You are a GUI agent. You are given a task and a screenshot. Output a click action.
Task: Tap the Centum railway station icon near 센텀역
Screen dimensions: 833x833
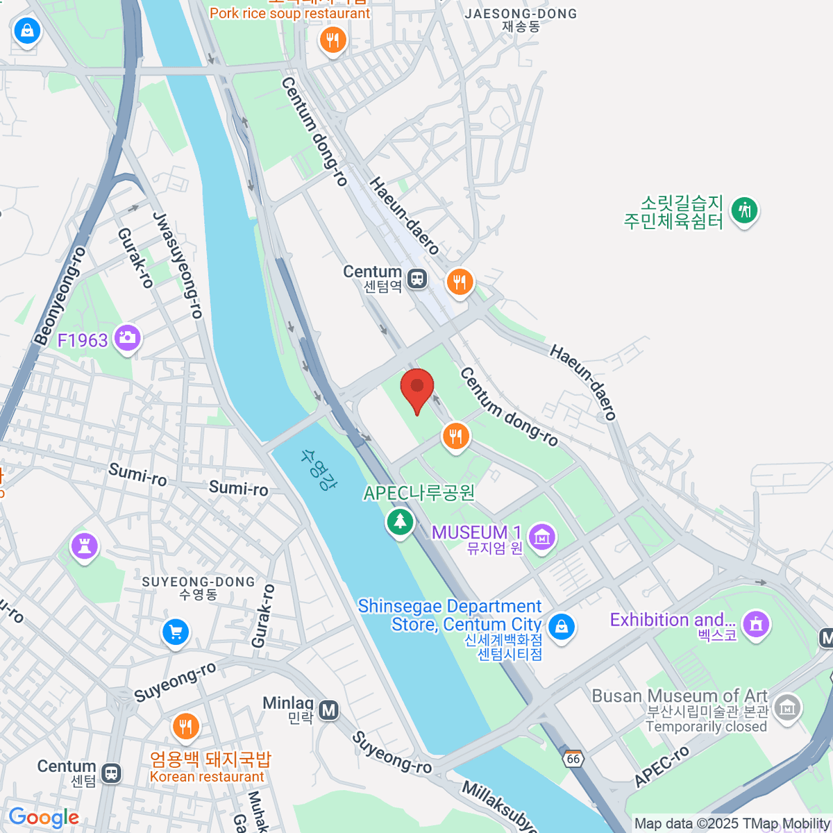pyautogui.click(x=416, y=279)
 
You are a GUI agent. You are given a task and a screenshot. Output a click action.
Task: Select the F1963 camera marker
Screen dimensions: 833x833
pyautogui.click(x=127, y=338)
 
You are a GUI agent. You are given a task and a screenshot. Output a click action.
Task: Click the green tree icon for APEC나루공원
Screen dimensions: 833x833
pyautogui.click(x=399, y=521)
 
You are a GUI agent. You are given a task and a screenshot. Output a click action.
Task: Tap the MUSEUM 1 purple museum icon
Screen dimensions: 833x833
pyautogui.click(x=541, y=536)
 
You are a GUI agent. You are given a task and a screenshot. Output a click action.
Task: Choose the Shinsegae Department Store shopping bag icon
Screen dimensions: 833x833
pyautogui.click(x=561, y=626)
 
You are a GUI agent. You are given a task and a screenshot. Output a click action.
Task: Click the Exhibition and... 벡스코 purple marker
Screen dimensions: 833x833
pyautogui.click(x=756, y=623)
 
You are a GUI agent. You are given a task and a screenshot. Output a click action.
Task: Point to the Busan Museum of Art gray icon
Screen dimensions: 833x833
pyautogui.click(x=787, y=708)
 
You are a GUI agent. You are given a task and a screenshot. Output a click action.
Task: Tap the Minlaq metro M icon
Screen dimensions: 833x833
pyautogui.click(x=329, y=709)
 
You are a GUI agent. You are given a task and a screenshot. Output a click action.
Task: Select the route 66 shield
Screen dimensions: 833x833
pyautogui.click(x=573, y=759)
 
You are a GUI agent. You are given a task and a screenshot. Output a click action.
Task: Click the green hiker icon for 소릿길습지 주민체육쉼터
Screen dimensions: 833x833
pyautogui.click(x=745, y=209)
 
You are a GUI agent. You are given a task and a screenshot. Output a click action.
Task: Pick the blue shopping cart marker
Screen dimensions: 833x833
pyautogui.click(x=176, y=632)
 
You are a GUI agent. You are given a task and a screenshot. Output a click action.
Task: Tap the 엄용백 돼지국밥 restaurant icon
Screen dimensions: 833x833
pyautogui.click(x=185, y=727)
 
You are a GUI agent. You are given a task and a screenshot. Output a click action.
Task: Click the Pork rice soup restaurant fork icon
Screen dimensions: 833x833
pyautogui.click(x=333, y=40)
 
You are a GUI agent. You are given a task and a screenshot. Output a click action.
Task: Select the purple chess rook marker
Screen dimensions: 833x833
pyautogui.click(x=85, y=546)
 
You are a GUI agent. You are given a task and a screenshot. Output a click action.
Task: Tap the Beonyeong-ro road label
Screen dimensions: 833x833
pyautogui.click(x=60, y=296)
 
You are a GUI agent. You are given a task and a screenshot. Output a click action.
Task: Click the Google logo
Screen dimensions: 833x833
pyautogui.click(x=44, y=817)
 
